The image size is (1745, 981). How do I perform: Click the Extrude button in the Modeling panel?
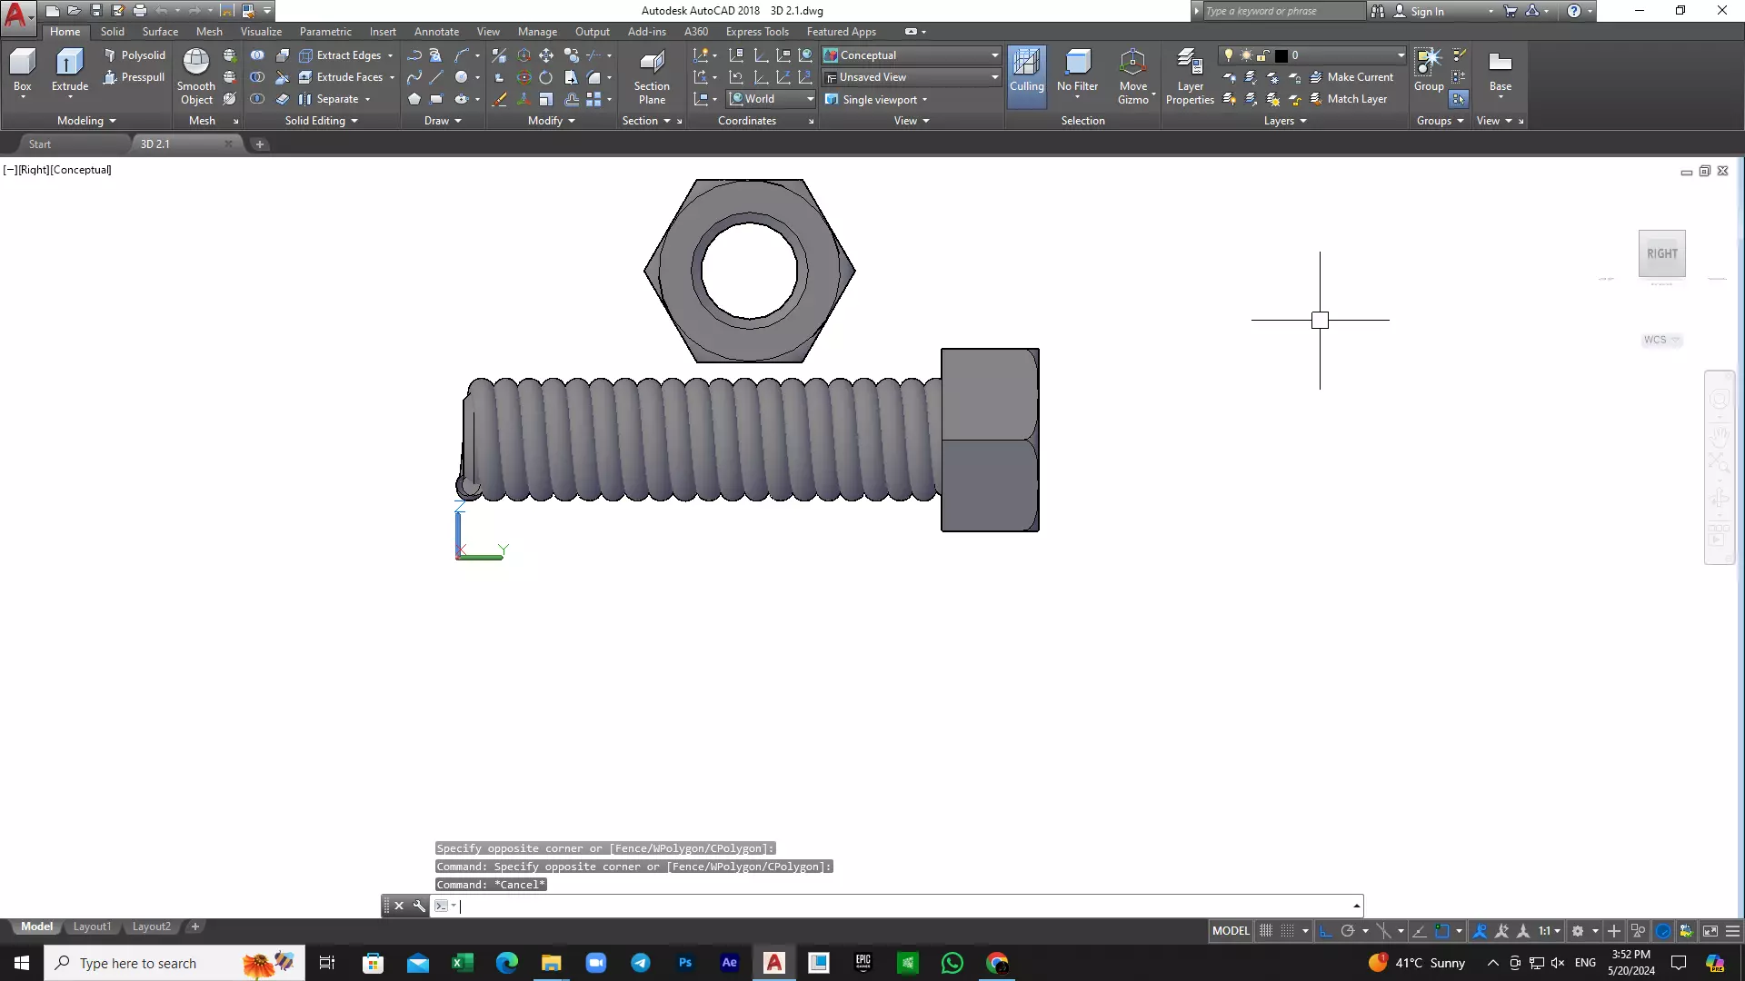(x=69, y=71)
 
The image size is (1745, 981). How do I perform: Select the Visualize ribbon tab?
(x=261, y=31)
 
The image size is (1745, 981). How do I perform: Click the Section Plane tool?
(x=652, y=76)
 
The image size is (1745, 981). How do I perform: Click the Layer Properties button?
(x=1190, y=76)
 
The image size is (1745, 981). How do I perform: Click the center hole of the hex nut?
(x=749, y=271)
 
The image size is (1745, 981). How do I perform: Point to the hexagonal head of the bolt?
(x=990, y=440)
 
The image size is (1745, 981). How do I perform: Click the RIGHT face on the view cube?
(x=1661, y=254)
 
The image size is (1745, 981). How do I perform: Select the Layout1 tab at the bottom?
(x=92, y=926)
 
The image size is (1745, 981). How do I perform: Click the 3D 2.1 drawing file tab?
(x=155, y=144)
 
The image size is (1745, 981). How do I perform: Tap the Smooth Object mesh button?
(x=196, y=76)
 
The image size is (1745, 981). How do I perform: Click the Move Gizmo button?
(x=1132, y=76)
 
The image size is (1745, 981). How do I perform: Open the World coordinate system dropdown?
(x=772, y=99)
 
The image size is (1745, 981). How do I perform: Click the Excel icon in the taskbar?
(x=463, y=963)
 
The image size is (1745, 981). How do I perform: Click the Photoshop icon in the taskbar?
(x=685, y=963)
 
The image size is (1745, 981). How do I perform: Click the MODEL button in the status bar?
(x=1231, y=931)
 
